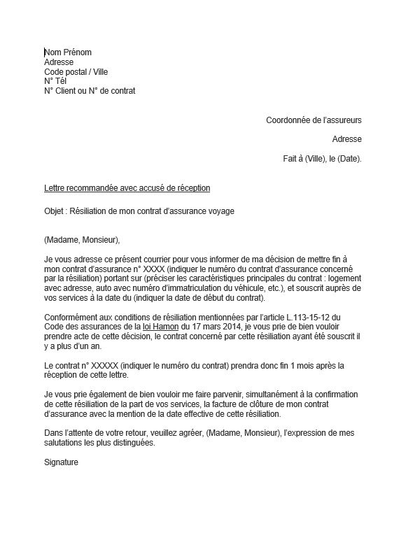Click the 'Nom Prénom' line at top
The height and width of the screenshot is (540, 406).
(x=68, y=52)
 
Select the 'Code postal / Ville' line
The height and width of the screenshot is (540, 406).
(x=76, y=71)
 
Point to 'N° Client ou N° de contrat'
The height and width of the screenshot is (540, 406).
(x=89, y=91)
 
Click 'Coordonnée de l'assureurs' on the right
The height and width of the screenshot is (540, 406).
(x=314, y=120)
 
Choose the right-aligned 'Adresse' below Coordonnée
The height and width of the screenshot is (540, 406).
(x=346, y=139)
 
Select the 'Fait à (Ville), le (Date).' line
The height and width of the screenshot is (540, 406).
(x=322, y=159)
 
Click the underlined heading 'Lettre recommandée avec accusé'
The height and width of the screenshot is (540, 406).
(x=127, y=188)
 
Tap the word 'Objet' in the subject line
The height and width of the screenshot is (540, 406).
(x=54, y=211)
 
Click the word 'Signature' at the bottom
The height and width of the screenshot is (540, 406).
(x=61, y=463)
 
